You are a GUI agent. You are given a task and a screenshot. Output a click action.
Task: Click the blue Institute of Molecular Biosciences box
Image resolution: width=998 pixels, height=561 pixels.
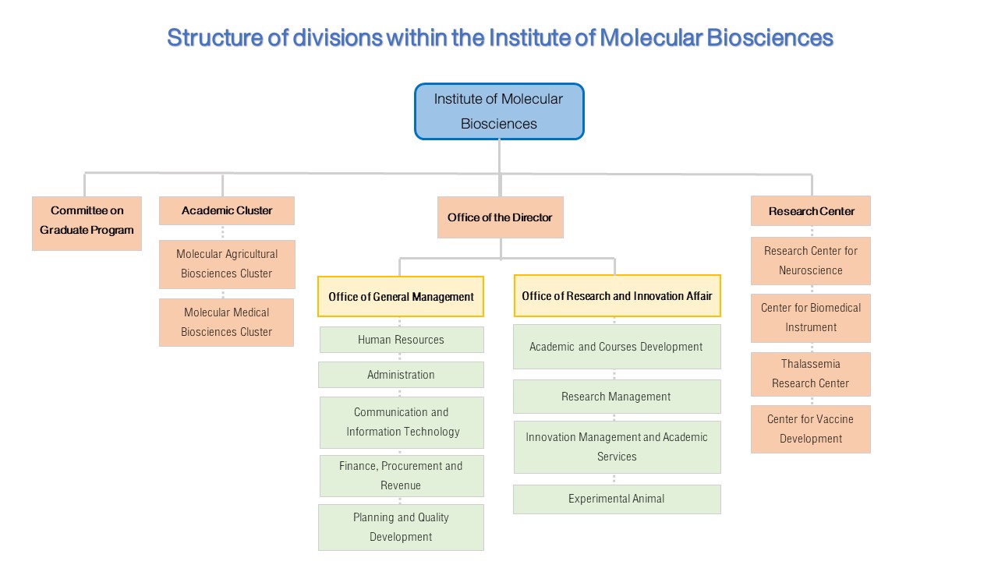pos(499,111)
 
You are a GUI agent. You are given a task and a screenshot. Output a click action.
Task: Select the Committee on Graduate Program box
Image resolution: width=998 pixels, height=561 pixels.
pos(87,224)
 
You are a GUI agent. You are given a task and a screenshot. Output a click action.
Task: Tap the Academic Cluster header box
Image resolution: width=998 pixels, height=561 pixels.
pos(227,210)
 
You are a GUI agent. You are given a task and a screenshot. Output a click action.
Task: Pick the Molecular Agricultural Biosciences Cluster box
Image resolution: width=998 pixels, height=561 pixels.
pos(227,264)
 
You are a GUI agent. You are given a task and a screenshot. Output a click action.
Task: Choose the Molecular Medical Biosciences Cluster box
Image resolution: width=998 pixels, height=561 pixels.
pos(226,323)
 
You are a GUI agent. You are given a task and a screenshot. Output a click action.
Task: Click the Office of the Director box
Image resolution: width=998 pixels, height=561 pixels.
pos(501,217)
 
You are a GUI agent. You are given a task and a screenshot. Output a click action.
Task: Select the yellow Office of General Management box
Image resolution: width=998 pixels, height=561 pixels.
pos(401,297)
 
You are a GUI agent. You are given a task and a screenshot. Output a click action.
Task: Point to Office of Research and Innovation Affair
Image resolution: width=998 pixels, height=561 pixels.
pos(617,295)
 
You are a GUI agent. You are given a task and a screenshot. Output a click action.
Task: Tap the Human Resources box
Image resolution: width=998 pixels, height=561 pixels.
pos(402,340)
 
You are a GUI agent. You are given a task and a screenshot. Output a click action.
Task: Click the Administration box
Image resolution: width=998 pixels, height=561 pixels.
pos(401,375)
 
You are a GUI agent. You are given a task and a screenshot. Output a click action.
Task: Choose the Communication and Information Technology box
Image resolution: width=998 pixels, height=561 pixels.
pos(402,422)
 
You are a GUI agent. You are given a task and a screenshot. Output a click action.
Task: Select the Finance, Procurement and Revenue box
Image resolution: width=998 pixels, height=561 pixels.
pos(402,475)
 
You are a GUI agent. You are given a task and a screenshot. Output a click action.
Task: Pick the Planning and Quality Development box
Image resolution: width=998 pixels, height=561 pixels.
pos(401,527)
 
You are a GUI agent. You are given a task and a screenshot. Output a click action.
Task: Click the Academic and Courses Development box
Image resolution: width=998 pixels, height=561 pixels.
pos(617,347)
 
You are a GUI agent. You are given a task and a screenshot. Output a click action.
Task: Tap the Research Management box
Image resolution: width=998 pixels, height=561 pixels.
pos(617,397)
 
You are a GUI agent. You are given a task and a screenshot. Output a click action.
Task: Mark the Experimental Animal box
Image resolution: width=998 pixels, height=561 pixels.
pos(617,499)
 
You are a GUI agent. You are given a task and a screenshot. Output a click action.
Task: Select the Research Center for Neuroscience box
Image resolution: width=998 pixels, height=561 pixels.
pos(810,261)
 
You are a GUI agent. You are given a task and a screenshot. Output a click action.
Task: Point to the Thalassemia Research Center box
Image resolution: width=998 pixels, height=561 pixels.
pos(810,374)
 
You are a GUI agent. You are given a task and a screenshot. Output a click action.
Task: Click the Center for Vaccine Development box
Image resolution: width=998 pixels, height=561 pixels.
pos(810,429)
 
